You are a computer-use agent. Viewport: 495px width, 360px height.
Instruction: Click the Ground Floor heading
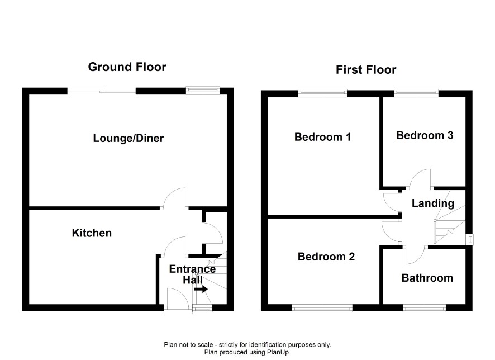[127, 67]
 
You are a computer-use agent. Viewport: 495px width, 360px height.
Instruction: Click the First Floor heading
[366, 70]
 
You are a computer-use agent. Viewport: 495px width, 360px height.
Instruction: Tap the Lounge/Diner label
[128, 138]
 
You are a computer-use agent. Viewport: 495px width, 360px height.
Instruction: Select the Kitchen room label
[92, 233]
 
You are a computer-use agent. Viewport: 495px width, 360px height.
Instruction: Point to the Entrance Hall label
[193, 274]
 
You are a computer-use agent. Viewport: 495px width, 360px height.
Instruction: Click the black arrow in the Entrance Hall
[201, 289]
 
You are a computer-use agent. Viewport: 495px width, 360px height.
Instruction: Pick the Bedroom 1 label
[322, 137]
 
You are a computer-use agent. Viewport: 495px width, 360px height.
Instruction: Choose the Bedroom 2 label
[326, 257]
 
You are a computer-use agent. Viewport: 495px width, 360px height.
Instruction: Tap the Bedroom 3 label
[425, 135]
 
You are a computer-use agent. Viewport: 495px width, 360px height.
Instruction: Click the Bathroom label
[427, 278]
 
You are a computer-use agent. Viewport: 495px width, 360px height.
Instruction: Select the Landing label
[433, 203]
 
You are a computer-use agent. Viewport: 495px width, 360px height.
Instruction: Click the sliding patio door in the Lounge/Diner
[102, 91]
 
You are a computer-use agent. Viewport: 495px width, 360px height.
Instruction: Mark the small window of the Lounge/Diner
[203, 91]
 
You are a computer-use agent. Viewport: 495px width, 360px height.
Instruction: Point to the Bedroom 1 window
[322, 93]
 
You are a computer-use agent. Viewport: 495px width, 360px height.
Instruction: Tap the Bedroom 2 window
[322, 308]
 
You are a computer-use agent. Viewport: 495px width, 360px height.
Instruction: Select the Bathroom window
[424, 308]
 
